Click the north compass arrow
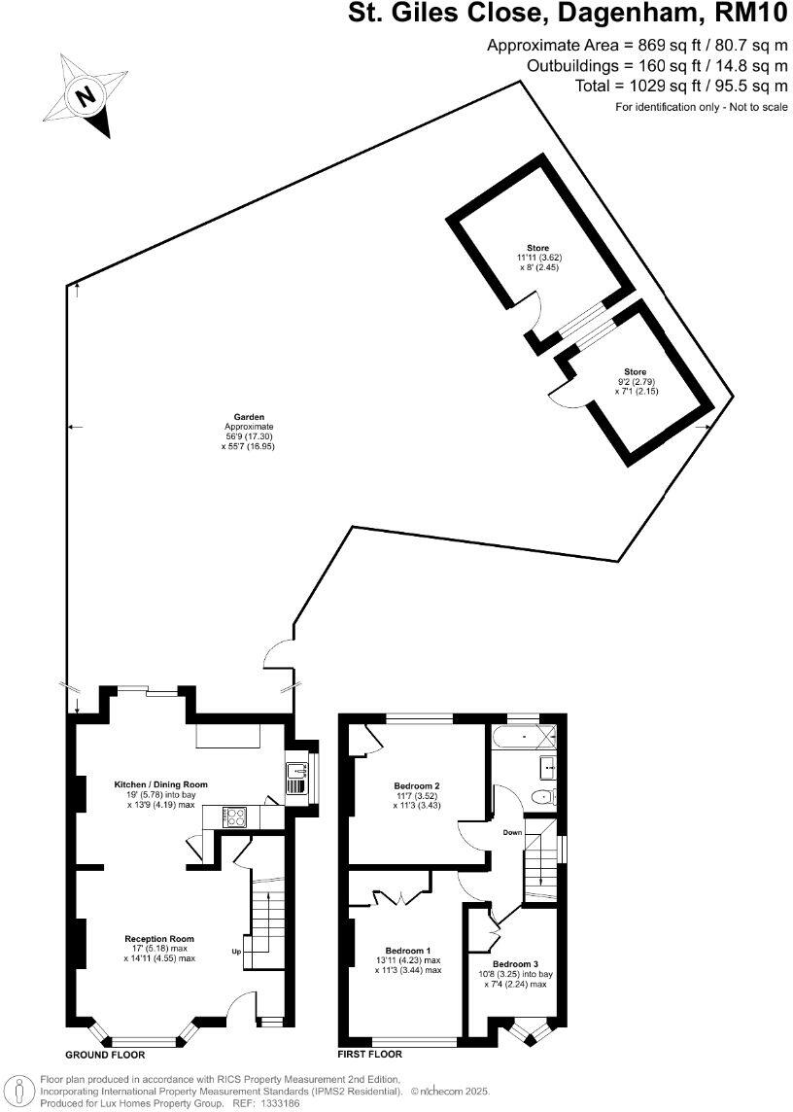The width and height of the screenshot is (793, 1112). (88, 96)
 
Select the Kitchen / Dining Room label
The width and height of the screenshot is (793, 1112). (161, 783)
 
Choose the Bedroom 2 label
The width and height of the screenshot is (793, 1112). (418, 785)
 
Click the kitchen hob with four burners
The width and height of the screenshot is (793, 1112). (236, 817)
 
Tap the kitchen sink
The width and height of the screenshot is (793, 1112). (295, 778)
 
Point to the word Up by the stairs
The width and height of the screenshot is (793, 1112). (236, 952)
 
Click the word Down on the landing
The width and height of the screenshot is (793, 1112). (513, 833)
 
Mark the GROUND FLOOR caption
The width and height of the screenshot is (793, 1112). (105, 1055)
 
